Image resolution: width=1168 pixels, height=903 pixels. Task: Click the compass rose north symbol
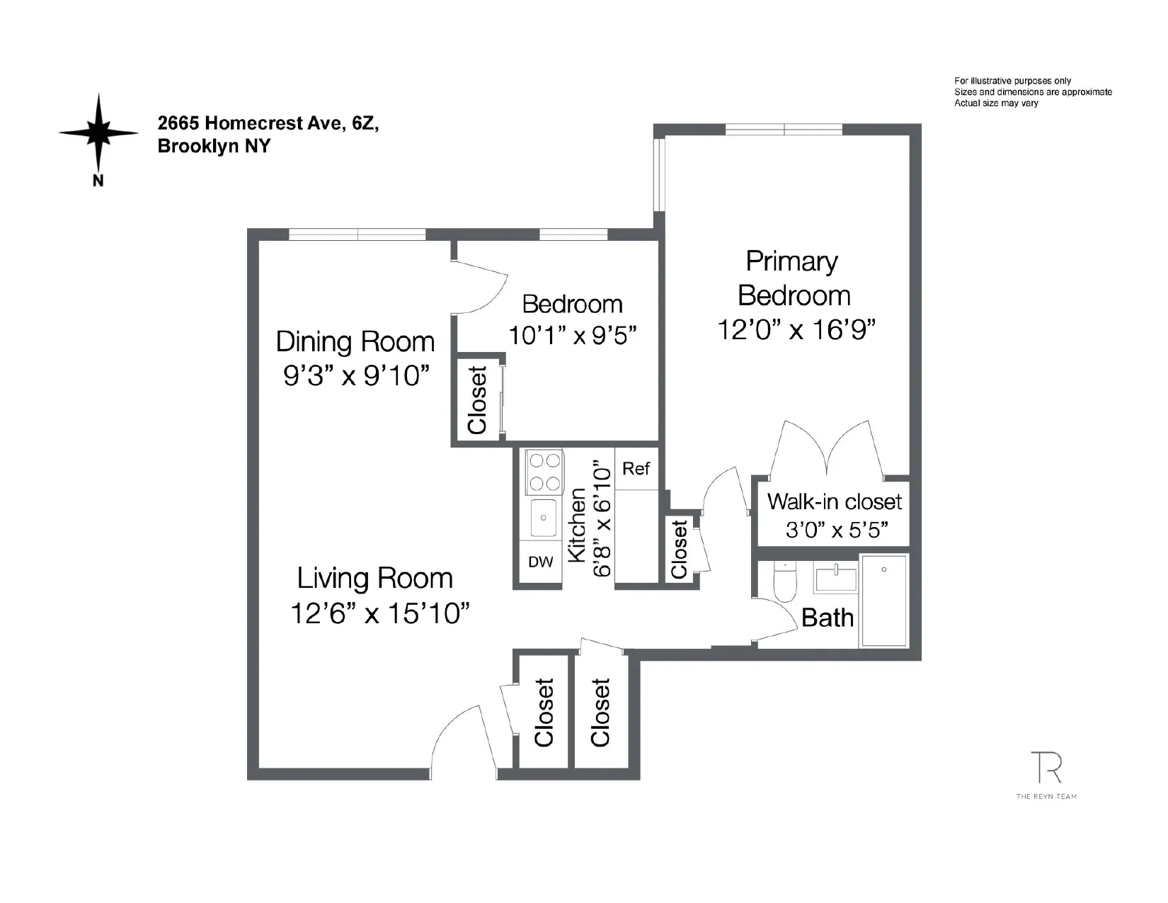click(x=98, y=133)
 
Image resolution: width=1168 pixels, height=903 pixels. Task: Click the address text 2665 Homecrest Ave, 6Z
click(x=268, y=123)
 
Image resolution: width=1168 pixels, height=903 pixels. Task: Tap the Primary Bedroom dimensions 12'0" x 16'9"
click(x=796, y=330)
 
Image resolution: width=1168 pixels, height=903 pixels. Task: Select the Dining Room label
click(x=355, y=342)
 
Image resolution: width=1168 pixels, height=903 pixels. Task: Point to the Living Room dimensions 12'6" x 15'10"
click(x=380, y=613)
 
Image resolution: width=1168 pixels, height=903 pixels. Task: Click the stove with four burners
click(x=544, y=472)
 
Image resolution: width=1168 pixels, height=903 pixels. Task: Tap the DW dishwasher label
click(x=540, y=562)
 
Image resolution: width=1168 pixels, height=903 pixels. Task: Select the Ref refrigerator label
click(x=636, y=469)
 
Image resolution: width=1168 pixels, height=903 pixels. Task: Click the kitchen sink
click(x=543, y=518)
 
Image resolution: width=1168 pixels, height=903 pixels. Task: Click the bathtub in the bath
click(x=883, y=601)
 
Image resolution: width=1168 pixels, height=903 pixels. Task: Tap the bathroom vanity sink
click(x=835, y=577)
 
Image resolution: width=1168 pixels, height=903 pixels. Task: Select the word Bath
click(x=827, y=618)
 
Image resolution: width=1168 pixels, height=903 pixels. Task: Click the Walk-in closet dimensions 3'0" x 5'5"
click(x=837, y=530)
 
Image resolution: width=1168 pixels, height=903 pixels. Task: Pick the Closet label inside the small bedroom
click(x=478, y=400)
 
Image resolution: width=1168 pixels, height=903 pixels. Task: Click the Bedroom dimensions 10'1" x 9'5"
click(x=572, y=336)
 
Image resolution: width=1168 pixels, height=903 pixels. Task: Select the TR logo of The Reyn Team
click(x=1046, y=768)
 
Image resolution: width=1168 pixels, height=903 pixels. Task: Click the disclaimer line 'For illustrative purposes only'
click(x=1012, y=81)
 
